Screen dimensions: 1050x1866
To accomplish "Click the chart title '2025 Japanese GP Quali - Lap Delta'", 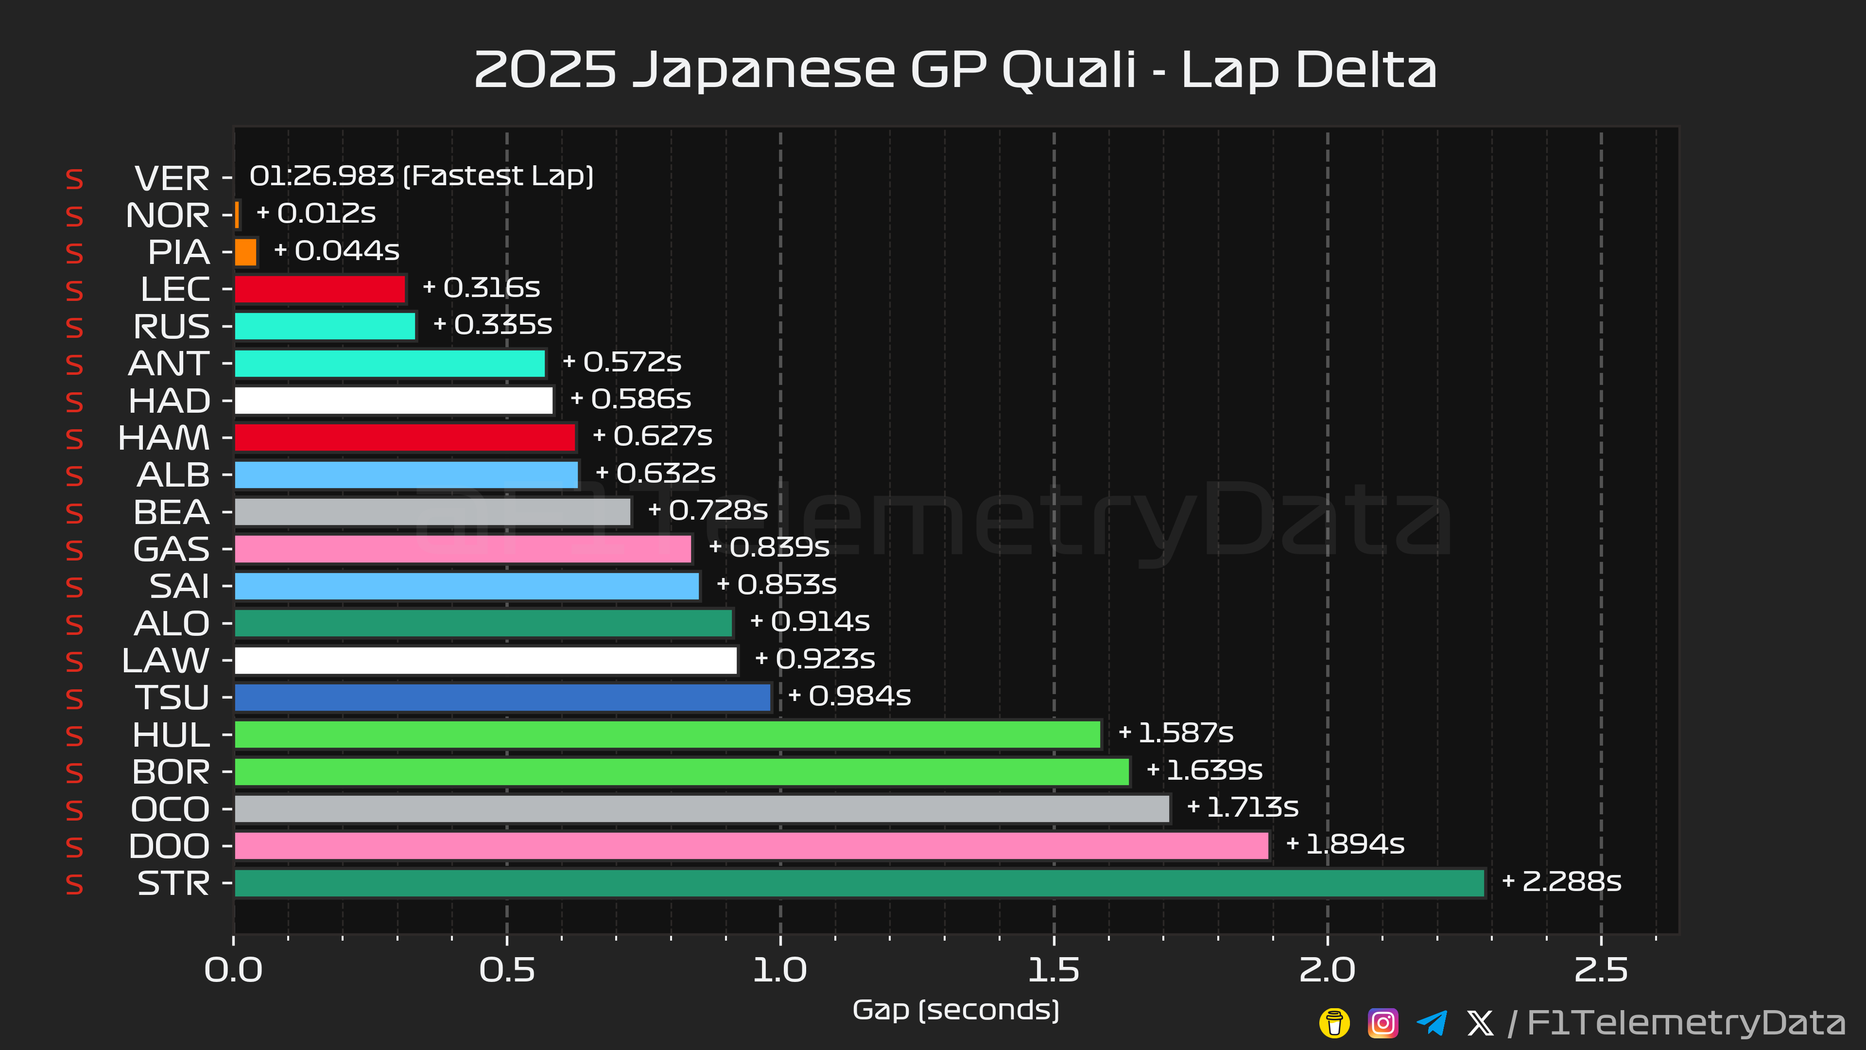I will pos(955,70).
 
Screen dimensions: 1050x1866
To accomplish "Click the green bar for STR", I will pos(859,883).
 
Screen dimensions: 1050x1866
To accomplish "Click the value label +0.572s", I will pos(622,362).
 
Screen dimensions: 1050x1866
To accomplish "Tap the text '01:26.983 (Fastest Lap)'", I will pos(421,176).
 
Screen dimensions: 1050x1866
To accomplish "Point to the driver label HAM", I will pos(164,437).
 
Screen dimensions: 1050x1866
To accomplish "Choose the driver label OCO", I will pos(170,809).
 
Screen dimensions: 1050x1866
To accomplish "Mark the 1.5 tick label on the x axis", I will pos(1053,970).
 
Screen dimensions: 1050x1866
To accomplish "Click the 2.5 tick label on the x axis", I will pos(1600,970).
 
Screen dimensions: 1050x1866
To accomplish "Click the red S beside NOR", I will pos(75,216).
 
